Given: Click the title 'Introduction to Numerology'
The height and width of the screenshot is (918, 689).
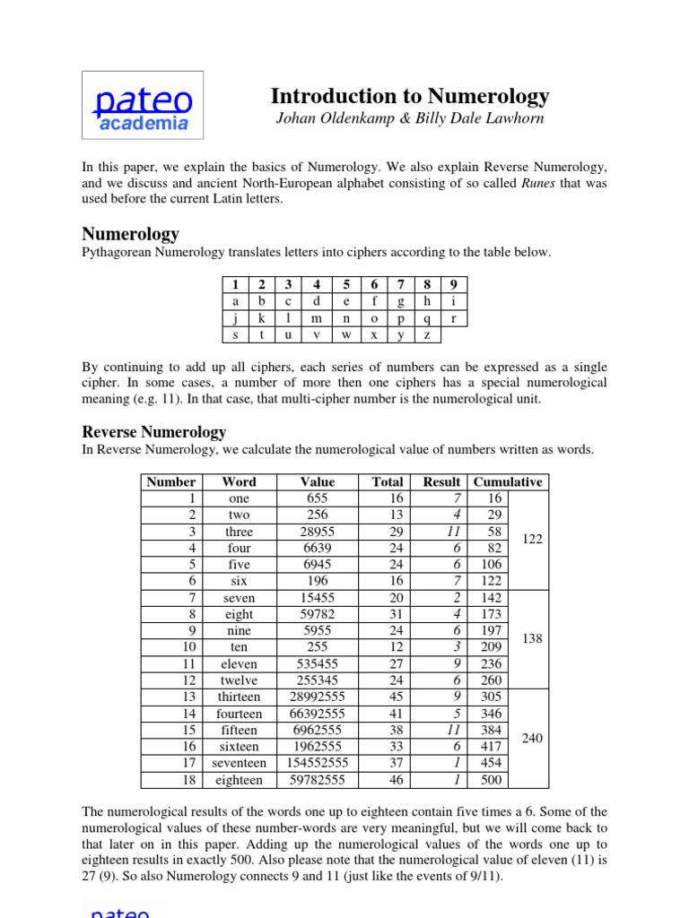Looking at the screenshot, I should pos(410,96).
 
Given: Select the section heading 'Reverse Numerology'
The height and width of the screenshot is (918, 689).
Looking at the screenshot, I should pos(154,431).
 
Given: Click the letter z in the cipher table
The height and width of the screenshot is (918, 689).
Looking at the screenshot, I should pos(427,335).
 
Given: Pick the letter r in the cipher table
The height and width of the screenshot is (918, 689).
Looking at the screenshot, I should pos(454,318).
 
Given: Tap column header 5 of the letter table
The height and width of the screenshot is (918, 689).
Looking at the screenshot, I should pos(346,285).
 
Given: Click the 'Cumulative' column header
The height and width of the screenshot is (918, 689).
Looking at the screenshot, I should pos(508,481).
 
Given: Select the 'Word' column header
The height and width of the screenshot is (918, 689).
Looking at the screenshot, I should pos(239,481).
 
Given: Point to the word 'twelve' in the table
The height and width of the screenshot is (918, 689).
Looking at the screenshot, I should pos(240,680).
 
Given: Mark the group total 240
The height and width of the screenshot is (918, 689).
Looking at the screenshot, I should pos(532,738).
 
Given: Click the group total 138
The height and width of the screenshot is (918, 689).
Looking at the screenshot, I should pos(532,638).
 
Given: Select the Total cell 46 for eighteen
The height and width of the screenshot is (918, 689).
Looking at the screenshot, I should pos(394,780).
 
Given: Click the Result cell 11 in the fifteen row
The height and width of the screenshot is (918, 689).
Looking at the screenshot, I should pos(454,730).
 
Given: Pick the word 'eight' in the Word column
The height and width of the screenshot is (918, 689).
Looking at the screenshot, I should pos(240,614).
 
